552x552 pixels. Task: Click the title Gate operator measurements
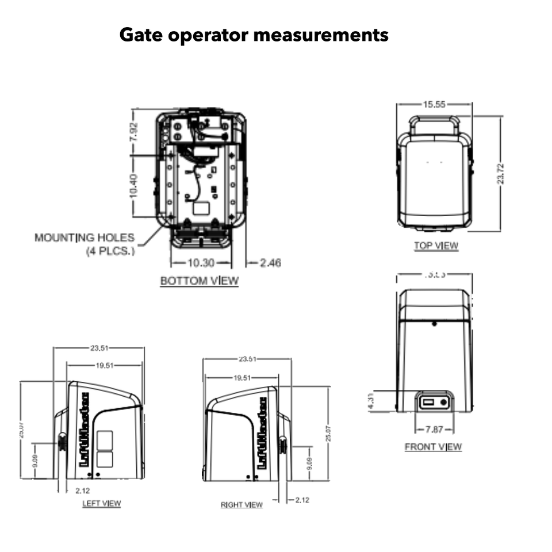tap(254, 35)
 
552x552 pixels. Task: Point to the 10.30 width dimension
tap(200, 263)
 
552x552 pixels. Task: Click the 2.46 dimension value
tap(270, 263)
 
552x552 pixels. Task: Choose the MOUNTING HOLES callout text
tap(85, 237)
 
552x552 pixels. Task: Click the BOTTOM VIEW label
tap(199, 281)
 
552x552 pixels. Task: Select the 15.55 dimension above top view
tap(435, 104)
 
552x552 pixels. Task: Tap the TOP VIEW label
tap(436, 246)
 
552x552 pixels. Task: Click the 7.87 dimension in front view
tap(434, 430)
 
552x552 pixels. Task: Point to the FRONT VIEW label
tap(433, 447)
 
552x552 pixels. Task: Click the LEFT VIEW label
tap(101, 503)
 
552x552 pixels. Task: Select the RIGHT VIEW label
tap(241, 505)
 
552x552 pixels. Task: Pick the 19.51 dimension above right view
tap(242, 378)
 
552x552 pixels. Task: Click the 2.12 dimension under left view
tap(83, 490)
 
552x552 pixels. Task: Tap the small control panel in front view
tap(434, 402)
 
